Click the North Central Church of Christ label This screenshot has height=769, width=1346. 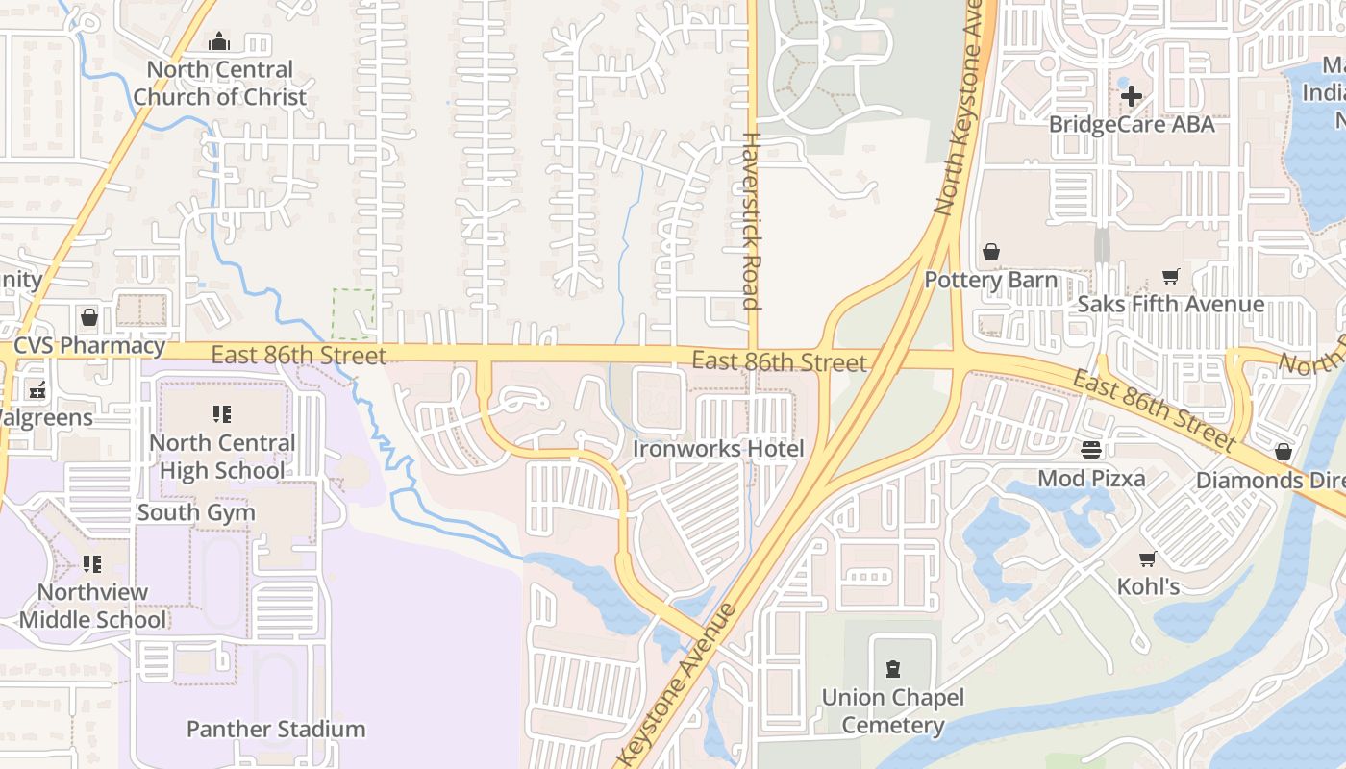point(220,84)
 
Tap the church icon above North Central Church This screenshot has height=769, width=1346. point(220,41)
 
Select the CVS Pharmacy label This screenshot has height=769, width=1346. point(89,346)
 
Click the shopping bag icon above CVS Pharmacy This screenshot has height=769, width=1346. point(89,317)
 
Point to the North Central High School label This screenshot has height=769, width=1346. point(222,457)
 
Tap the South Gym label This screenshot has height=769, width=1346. point(196,512)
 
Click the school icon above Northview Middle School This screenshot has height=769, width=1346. point(92,563)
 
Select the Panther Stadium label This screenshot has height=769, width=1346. point(276,730)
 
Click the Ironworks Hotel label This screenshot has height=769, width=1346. point(718,449)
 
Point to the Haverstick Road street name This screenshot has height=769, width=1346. point(751,221)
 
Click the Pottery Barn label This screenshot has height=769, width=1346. point(991,280)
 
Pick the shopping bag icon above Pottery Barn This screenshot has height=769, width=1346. point(991,252)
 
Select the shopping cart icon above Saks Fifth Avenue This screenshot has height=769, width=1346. point(1170,277)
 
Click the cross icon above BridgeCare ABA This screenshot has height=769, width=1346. point(1132,96)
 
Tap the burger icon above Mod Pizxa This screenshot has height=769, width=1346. point(1091,450)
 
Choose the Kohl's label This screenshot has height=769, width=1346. point(1148,586)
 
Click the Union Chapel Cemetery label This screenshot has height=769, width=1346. point(893,711)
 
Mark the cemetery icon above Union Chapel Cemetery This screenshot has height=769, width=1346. point(893,669)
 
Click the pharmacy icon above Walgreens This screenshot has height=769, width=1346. point(37,390)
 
